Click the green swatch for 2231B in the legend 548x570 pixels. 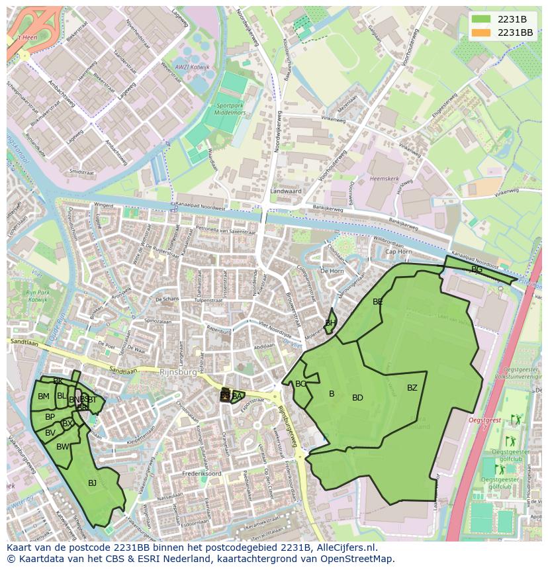click(x=482, y=19)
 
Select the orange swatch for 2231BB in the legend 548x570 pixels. click(x=482, y=32)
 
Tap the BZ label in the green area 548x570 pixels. click(x=412, y=388)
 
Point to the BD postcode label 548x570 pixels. click(x=357, y=398)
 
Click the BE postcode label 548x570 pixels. click(x=378, y=302)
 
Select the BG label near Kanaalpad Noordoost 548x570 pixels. click(x=477, y=269)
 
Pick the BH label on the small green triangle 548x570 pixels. click(x=330, y=323)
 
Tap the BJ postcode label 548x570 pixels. click(x=92, y=483)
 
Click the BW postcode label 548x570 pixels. click(x=62, y=447)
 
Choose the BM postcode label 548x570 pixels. click(x=43, y=397)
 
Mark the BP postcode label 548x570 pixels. click(x=50, y=417)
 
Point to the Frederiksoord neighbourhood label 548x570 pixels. click(x=199, y=474)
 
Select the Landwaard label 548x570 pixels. click(x=285, y=191)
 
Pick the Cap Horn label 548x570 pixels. click(x=398, y=252)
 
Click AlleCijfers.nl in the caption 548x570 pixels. click(x=344, y=547)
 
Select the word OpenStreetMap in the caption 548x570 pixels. click(x=358, y=559)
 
